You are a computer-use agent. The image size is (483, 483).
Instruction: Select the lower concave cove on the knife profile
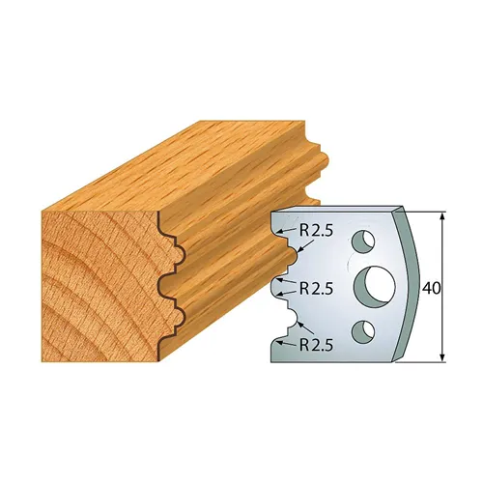coord(288,315)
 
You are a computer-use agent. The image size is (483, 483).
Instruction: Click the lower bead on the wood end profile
coord(173,313)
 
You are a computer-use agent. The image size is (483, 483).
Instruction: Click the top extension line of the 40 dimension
coord(425,208)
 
